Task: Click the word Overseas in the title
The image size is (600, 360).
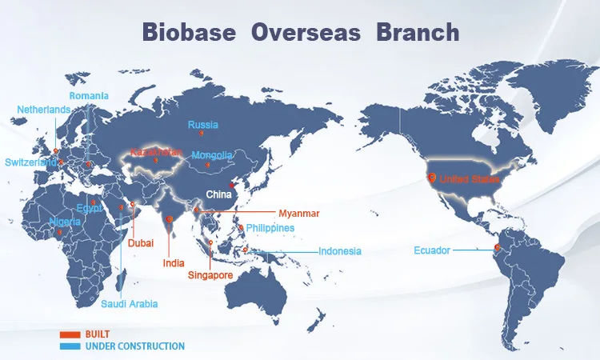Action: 306,32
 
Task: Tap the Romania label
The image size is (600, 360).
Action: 89,96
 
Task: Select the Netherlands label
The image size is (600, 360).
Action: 44,110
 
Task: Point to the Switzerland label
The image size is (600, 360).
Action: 30,162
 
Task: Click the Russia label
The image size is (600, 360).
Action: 203,125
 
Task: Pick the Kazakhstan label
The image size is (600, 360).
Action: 156,152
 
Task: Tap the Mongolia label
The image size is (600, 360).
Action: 212,155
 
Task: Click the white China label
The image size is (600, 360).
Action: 218,194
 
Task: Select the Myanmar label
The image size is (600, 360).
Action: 299,214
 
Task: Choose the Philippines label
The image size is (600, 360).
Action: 270,228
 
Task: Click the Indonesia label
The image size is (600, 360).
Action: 340,251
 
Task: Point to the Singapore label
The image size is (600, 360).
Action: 210,275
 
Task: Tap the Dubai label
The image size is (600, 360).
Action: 141,243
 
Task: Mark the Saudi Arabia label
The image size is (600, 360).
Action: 130,304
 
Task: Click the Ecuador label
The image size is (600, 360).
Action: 432,250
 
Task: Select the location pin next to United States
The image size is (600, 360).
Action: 432,178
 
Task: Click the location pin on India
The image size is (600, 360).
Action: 169,219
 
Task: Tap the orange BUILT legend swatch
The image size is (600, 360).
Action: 70,334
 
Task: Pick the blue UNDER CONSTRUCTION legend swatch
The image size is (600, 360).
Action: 70,346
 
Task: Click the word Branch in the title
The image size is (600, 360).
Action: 418,32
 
